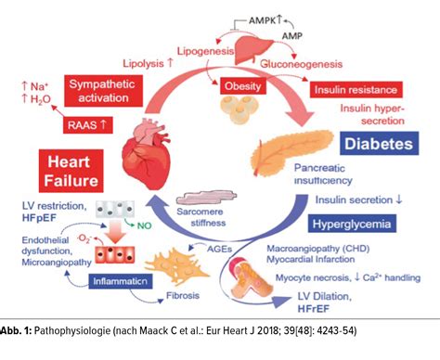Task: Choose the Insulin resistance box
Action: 356,90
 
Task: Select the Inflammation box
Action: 123,278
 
